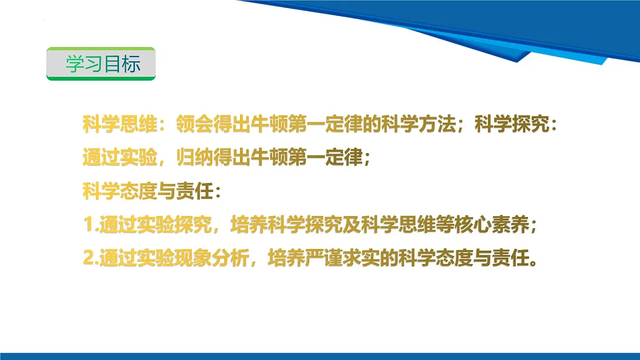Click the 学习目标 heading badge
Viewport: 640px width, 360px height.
point(101,64)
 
